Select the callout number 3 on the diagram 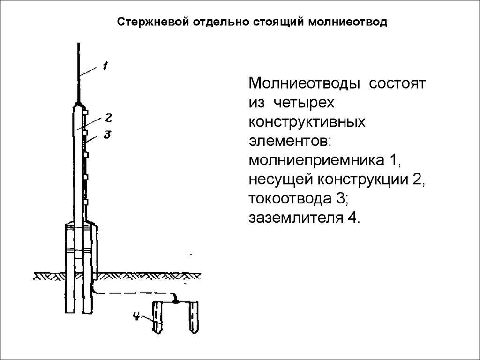[106, 135]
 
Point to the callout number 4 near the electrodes [136, 316]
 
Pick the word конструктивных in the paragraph [307, 122]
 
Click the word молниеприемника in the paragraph [315, 160]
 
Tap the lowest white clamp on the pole [86, 202]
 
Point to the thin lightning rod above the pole [78, 70]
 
